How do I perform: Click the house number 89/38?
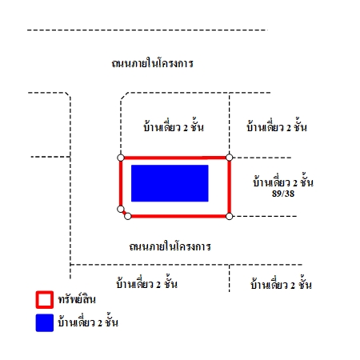click(x=283, y=194)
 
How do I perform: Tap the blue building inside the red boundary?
click(x=170, y=183)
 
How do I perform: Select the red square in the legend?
click(x=45, y=300)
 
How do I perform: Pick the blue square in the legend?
click(x=45, y=323)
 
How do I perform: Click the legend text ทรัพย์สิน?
click(x=77, y=299)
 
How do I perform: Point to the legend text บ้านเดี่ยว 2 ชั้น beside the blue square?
click(x=88, y=322)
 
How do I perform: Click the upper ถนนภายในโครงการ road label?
click(x=152, y=63)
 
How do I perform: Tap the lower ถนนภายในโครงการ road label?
click(x=170, y=246)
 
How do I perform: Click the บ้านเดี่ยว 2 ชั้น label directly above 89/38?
click(x=283, y=182)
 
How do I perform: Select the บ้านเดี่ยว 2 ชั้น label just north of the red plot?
click(x=174, y=126)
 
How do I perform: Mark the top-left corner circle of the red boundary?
click(x=121, y=158)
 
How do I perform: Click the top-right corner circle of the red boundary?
click(x=229, y=158)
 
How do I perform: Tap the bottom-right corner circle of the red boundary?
click(x=229, y=216)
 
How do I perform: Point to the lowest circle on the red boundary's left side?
click(x=121, y=209)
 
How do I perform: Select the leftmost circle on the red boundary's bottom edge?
click(x=128, y=216)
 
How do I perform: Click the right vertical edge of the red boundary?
click(x=229, y=187)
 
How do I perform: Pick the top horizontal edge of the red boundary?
click(x=174, y=158)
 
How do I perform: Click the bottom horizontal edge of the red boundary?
click(x=178, y=216)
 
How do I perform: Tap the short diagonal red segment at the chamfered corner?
click(x=124, y=213)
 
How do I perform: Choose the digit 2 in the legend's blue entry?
click(x=100, y=323)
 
